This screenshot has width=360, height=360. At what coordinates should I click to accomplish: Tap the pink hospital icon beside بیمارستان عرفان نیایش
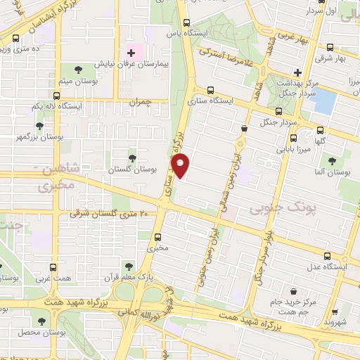point(130,53)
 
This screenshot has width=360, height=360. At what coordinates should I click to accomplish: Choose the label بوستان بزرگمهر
point(40,137)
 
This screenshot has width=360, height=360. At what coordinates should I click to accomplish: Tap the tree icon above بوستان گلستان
point(133,158)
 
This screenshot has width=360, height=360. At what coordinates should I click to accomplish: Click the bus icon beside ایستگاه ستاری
point(212,90)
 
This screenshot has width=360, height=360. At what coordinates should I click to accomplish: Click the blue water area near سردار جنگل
point(325,101)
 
